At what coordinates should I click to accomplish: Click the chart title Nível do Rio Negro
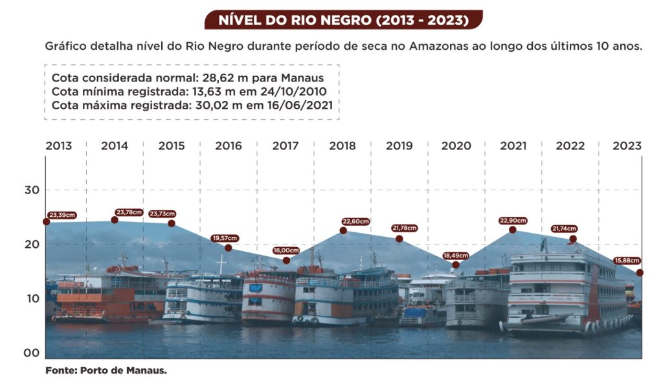[x=343, y=20]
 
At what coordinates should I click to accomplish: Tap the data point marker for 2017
[x=286, y=261]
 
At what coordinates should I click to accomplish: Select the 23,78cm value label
[x=130, y=212]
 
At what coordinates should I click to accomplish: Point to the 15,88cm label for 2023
[x=627, y=261]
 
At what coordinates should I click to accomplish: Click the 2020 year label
[x=456, y=146]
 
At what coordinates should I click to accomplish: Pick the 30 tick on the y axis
[x=33, y=190]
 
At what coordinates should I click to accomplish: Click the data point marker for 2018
[x=343, y=230]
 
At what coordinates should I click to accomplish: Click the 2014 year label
[x=115, y=146]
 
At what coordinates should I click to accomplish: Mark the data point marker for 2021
[x=513, y=230]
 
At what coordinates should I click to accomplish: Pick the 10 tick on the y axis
[x=33, y=299]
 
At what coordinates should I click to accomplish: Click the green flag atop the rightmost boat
[x=543, y=244]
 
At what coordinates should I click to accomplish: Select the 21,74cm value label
[x=565, y=228]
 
